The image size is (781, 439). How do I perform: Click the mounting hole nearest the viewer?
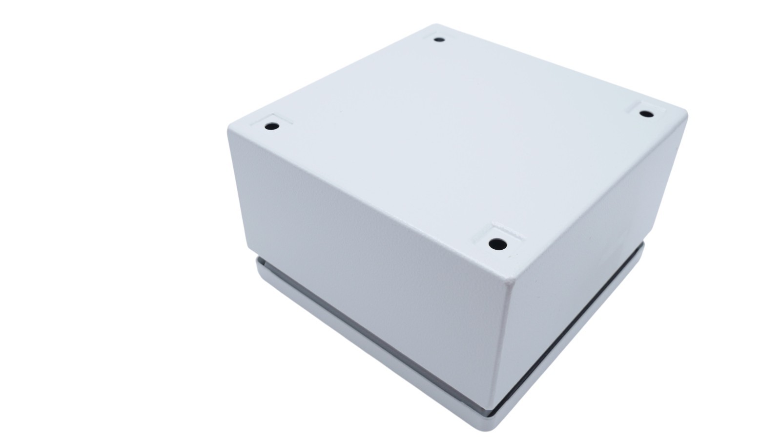tap(497, 242)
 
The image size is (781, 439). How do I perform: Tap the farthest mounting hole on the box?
tap(439, 40)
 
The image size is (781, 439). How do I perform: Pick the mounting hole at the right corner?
tap(647, 114)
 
